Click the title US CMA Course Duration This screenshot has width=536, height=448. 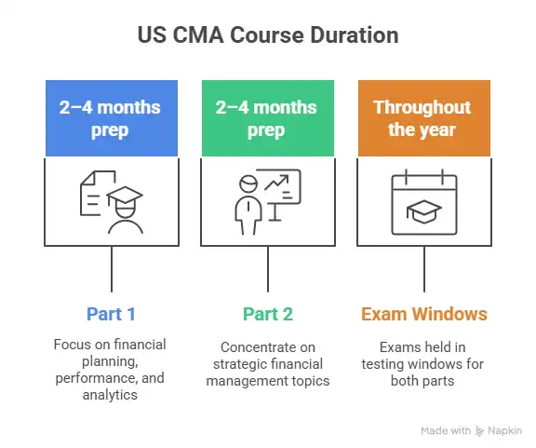(x=268, y=36)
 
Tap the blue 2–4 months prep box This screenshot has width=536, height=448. (x=112, y=118)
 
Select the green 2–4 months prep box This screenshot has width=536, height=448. (x=267, y=118)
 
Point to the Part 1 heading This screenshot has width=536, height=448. (x=112, y=313)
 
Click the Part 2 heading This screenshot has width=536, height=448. (x=267, y=313)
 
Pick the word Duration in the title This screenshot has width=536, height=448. (x=352, y=36)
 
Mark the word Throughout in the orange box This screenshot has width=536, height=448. (x=422, y=107)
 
